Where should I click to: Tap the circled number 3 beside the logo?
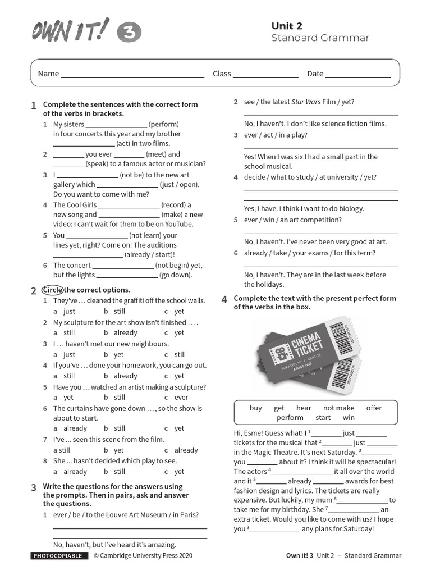click(x=129, y=33)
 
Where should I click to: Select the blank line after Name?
click(x=132, y=74)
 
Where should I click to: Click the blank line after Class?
click(x=265, y=74)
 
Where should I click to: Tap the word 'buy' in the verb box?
click(x=255, y=408)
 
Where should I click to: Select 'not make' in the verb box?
click(x=339, y=408)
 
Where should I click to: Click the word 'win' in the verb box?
click(x=349, y=418)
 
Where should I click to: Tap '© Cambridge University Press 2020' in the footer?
click(x=143, y=556)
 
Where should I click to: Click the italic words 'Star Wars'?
click(x=306, y=102)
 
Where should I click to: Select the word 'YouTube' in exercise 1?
click(x=178, y=224)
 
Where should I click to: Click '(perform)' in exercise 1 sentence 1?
click(x=164, y=124)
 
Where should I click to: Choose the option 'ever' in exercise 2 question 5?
click(x=181, y=398)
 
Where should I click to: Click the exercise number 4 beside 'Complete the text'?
click(x=224, y=299)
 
